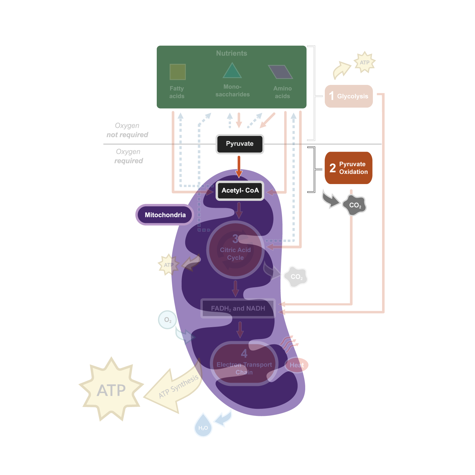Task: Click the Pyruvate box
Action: (x=240, y=144)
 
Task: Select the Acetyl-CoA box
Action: (x=240, y=191)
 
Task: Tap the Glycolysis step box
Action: (x=349, y=96)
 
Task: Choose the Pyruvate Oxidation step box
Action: (x=349, y=168)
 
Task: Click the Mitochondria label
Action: (x=165, y=215)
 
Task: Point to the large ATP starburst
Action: (x=111, y=389)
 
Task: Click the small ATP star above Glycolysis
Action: (x=364, y=62)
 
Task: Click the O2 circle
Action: (x=167, y=320)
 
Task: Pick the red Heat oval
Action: (x=297, y=365)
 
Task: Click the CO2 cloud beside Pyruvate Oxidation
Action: (x=354, y=205)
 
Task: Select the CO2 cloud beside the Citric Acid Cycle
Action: (x=296, y=277)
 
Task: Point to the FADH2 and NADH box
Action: (x=238, y=308)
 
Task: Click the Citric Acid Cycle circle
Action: (x=235, y=250)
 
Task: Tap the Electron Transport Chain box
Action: (x=244, y=364)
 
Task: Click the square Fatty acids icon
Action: (x=178, y=72)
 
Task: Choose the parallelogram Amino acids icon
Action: (x=281, y=72)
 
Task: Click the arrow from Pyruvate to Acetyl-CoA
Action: (x=239, y=166)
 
